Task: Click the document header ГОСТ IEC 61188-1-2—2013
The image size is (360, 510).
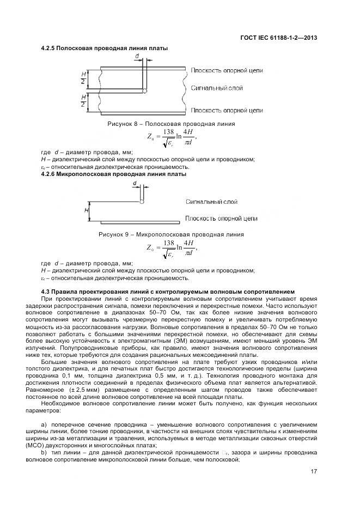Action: pyautogui.click(x=278, y=38)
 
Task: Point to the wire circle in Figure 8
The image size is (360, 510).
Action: pyautogui.click(x=143, y=90)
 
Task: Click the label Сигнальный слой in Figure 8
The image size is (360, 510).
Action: pyautogui.click(x=217, y=88)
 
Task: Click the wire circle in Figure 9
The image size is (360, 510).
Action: pyautogui.click(x=142, y=201)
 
